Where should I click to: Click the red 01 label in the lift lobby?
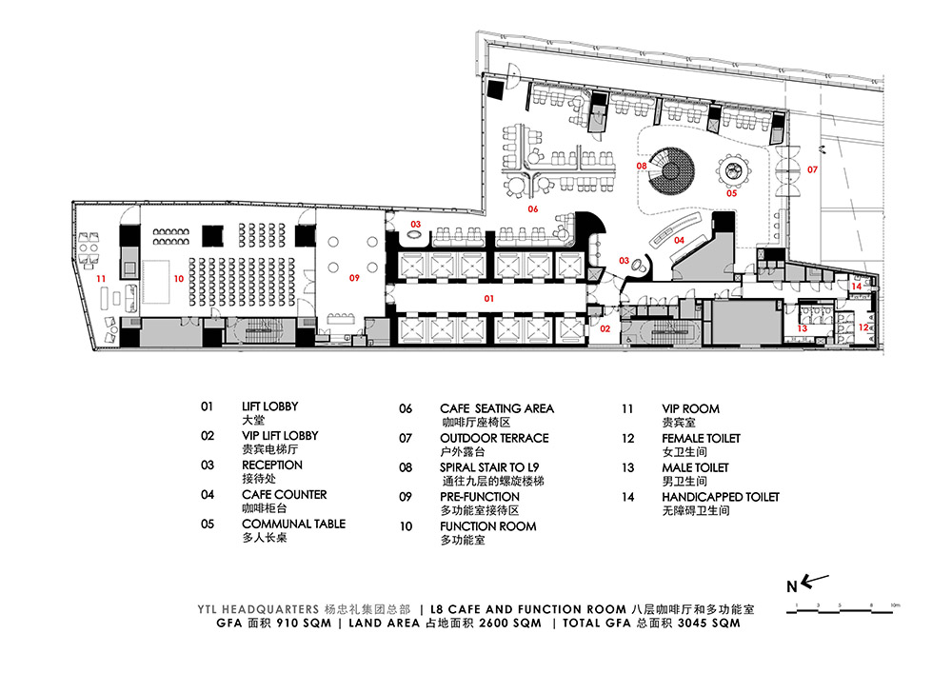(488, 298)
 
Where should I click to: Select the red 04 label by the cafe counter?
(680, 240)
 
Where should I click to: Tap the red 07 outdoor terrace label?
(812, 170)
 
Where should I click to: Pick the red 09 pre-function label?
(354, 277)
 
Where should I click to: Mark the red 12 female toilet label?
(863, 327)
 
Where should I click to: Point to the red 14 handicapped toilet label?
(856, 286)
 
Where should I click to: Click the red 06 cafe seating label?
(533, 208)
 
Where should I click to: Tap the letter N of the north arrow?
(791, 586)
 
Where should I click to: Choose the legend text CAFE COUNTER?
(284, 494)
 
